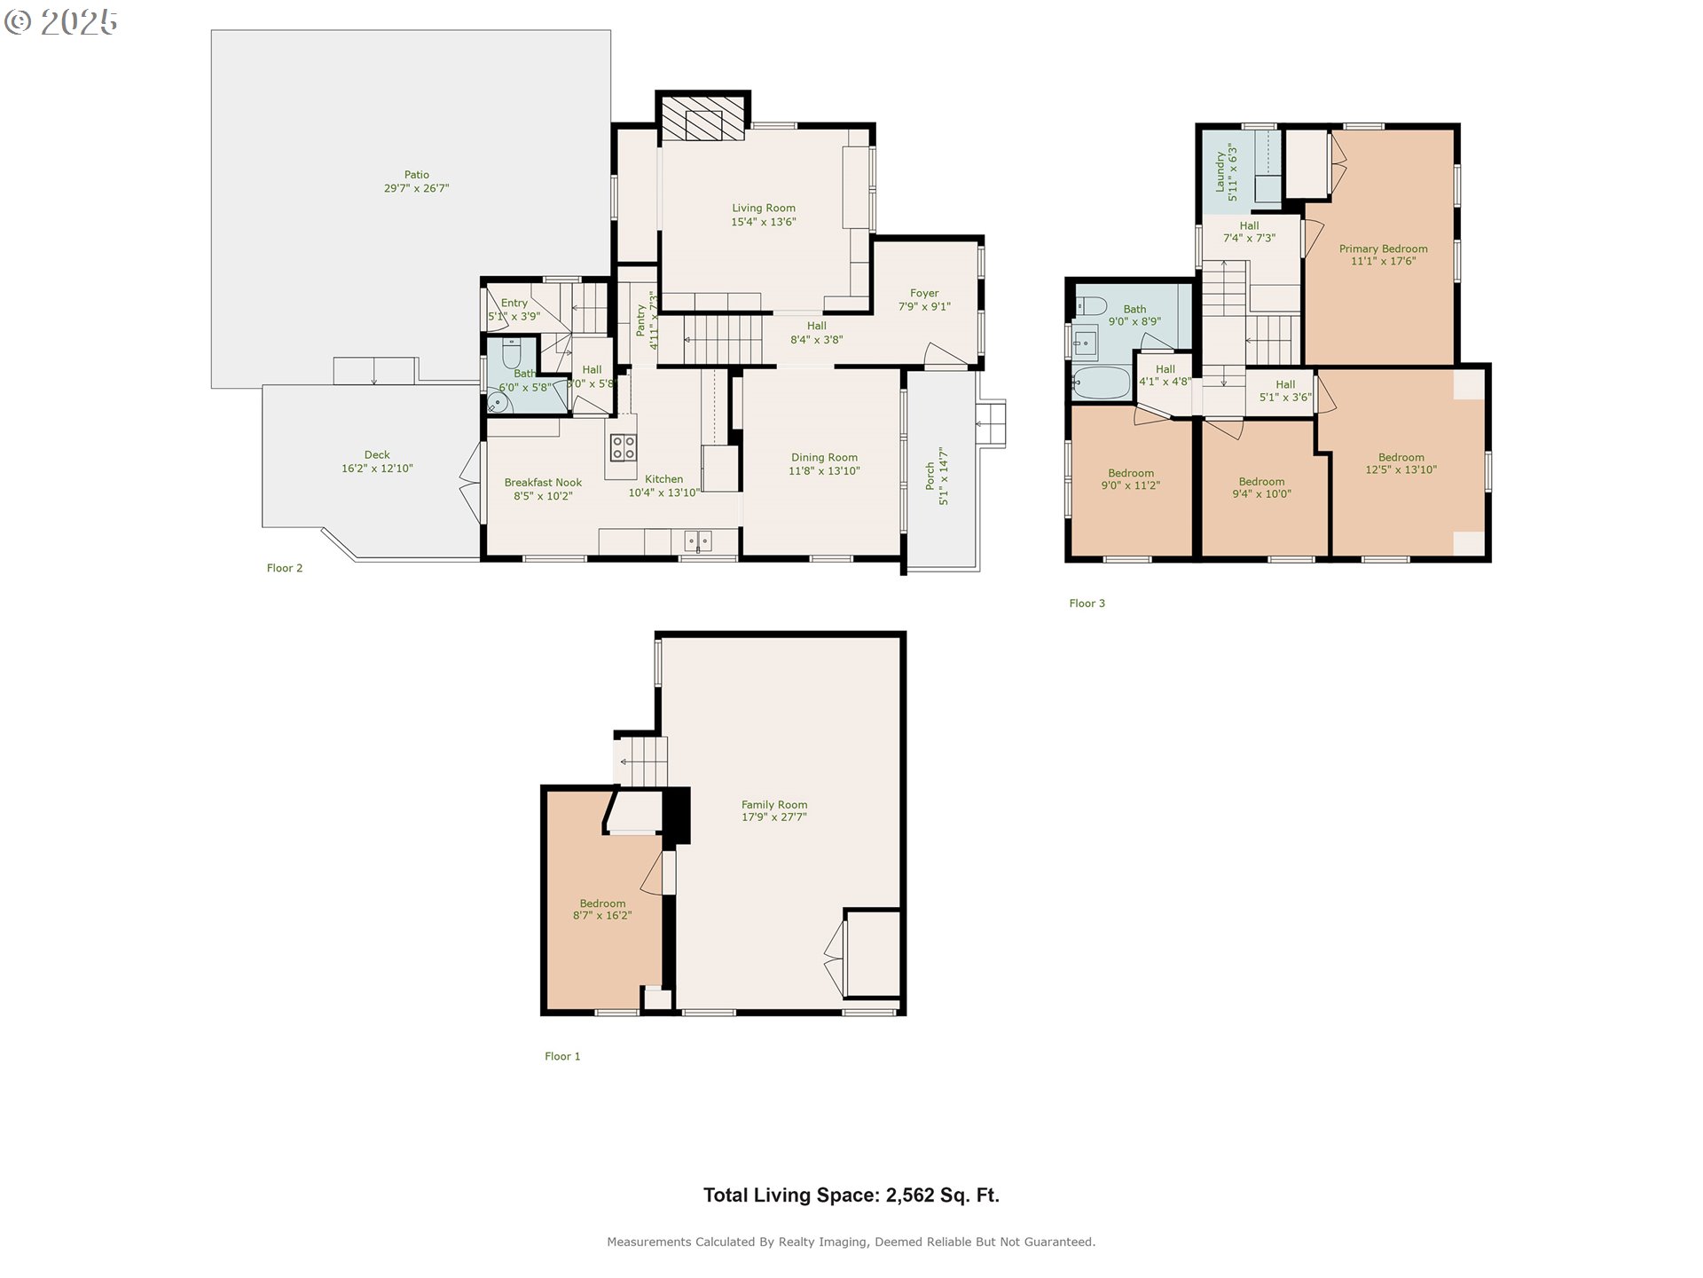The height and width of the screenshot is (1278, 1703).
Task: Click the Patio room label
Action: coord(417,175)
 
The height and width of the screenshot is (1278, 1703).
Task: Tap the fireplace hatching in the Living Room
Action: coord(702,118)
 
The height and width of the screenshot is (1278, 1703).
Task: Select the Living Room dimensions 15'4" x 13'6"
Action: coord(764,222)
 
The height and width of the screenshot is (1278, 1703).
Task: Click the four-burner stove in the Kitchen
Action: coord(623,447)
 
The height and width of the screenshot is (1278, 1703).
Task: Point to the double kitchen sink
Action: coord(697,540)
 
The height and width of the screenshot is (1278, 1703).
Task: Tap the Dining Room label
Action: coord(824,458)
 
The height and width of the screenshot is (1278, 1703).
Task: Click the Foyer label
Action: coord(924,293)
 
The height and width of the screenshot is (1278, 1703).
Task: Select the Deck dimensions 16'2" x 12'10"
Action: coord(377,469)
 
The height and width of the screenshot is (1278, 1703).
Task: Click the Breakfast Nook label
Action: coord(543,483)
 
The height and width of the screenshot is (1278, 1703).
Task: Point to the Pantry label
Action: coord(640,320)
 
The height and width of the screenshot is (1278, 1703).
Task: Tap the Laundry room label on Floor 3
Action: coord(1220,171)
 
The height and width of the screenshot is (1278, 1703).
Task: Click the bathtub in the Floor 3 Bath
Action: coord(1101,383)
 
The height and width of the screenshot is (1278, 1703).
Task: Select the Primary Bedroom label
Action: coord(1383,249)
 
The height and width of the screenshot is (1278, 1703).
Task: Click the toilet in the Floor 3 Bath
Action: coord(1091,306)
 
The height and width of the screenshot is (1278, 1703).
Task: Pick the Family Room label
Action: coord(774,805)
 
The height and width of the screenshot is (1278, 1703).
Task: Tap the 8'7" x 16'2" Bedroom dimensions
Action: coord(602,916)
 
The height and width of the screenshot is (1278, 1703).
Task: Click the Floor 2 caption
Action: coord(285,568)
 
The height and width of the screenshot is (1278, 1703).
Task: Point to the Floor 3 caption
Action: coord(1087,603)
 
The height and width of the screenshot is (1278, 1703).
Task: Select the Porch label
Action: coord(930,477)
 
